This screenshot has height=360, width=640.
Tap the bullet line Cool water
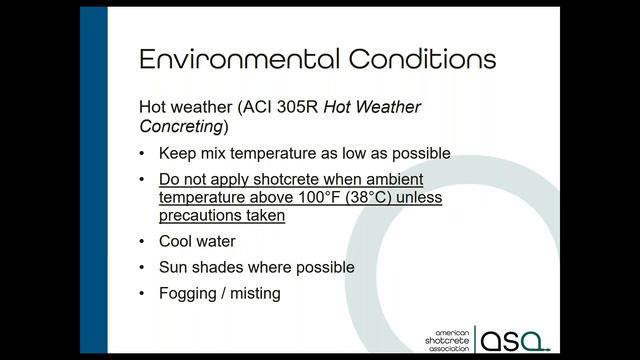coord(197,242)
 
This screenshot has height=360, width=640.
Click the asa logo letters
coord(513,339)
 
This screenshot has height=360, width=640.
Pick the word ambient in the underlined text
coord(399,180)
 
